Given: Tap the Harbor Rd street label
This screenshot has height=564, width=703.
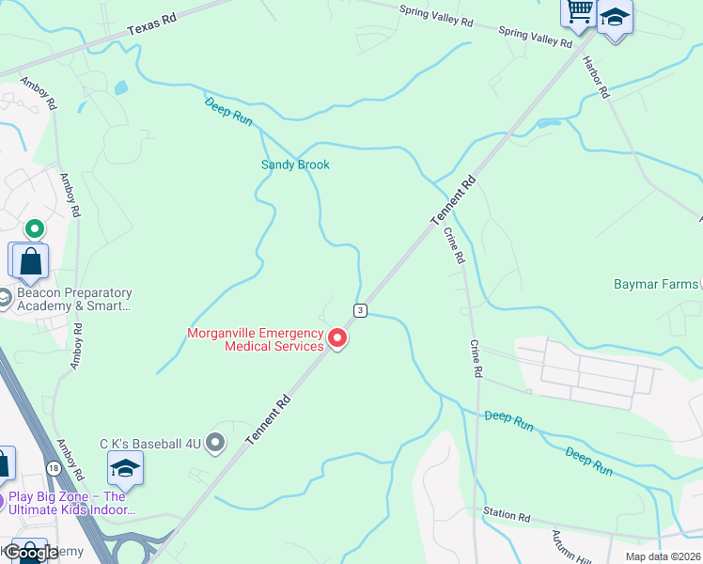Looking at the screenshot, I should pyautogui.click(x=597, y=78).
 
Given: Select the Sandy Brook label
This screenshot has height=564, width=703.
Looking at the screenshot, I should pyautogui.click(x=295, y=164).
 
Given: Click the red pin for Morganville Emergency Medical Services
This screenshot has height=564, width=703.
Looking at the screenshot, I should pyautogui.click(x=336, y=338).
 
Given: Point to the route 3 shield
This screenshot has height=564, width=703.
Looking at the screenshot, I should pyautogui.click(x=359, y=310).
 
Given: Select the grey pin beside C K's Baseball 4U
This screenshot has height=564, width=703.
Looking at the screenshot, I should pyautogui.click(x=216, y=441).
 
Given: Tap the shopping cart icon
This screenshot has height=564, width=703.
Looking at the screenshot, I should pyautogui.click(x=579, y=11).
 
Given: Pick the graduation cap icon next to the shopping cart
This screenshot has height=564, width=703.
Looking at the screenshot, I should pyautogui.click(x=615, y=17).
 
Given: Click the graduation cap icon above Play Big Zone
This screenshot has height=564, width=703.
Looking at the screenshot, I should pyautogui.click(x=125, y=466).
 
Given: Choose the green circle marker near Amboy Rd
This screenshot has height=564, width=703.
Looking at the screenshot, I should pyautogui.click(x=34, y=228).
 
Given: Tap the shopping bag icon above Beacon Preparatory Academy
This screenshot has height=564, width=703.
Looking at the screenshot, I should pyautogui.click(x=30, y=260).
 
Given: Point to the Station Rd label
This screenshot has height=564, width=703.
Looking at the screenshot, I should pyautogui.click(x=507, y=516).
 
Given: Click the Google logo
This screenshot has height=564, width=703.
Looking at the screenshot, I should pyautogui.click(x=31, y=553).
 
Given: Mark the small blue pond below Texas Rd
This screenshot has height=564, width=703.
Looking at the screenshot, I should pyautogui.click(x=120, y=88).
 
